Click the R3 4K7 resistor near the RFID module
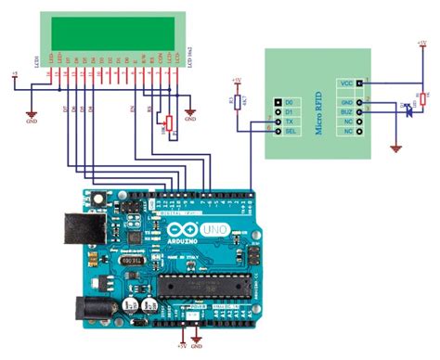pyautogui.click(x=238, y=101)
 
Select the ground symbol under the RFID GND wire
pyautogui.click(x=396, y=147)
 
